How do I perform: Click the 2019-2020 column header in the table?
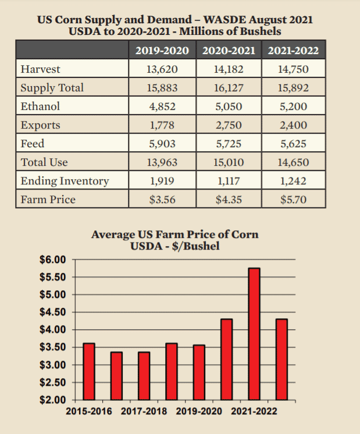tap(162, 51)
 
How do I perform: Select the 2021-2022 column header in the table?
tap(293, 51)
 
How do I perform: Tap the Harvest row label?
tap(40, 70)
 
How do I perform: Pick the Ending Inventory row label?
tap(65, 181)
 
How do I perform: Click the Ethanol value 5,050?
tap(229, 106)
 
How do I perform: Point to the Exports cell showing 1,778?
tap(162, 125)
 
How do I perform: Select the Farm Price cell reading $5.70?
tap(293, 200)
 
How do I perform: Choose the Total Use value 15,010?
tap(229, 162)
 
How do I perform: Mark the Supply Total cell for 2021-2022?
tap(293, 88)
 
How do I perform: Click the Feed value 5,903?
tap(162, 144)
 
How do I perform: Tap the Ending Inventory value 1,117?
tap(229, 181)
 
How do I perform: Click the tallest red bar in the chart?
tap(254, 334)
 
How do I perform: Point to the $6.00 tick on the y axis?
tap(53, 259)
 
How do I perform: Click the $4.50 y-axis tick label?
tap(53, 312)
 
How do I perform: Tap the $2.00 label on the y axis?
tap(53, 400)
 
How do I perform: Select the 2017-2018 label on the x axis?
tap(144, 411)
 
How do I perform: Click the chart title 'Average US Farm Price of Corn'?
tap(175, 235)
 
